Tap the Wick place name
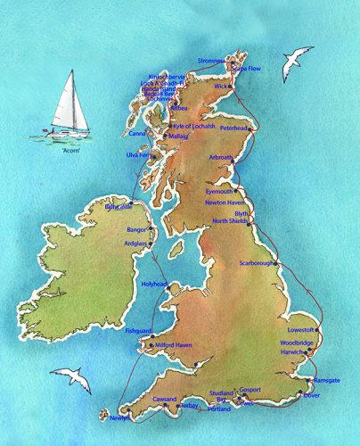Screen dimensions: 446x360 pos(221,87)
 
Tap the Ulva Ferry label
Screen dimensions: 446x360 pos(142,155)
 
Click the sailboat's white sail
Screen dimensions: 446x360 pos(70,98)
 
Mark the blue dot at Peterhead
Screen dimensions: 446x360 pos(252,130)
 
